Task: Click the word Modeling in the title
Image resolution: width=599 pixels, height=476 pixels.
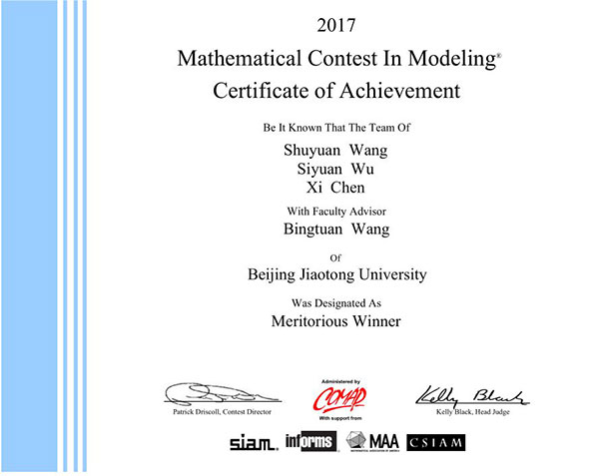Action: click(444, 59)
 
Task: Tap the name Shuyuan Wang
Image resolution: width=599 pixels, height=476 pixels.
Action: click(335, 151)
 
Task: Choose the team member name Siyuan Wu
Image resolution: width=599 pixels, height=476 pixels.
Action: click(335, 169)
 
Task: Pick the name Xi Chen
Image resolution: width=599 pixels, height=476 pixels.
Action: click(335, 187)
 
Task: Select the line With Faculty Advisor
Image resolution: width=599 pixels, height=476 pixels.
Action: click(335, 210)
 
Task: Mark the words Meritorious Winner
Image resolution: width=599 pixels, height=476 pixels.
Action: click(335, 321)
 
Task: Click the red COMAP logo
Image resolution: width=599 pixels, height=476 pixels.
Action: click(338, 397)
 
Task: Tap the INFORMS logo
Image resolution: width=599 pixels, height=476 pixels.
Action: click(308, 441)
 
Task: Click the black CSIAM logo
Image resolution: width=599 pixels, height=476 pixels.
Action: click(436, 442)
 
